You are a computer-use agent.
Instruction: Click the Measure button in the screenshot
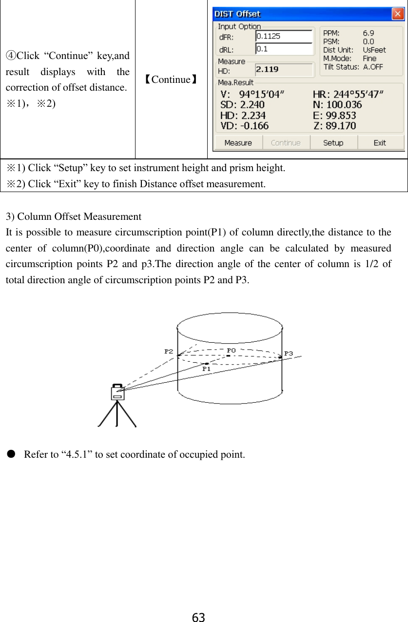238,143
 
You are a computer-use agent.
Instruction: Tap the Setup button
333,143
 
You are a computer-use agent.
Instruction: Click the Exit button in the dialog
380,143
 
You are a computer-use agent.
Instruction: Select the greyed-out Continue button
286,143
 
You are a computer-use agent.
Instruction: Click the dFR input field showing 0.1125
284,36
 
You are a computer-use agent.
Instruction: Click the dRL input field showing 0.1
284,49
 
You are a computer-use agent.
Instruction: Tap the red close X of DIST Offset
399,13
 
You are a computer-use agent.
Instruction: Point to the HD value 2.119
268,69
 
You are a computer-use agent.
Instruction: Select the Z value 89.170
341,126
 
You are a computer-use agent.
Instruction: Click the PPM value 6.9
369,33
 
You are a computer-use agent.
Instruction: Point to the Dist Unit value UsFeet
374,50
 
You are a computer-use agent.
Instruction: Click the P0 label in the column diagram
232,350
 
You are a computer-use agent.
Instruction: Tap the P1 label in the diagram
207,369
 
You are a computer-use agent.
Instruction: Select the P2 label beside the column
169,351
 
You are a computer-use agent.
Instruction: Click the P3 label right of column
289,353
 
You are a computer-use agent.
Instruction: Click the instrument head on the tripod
117,392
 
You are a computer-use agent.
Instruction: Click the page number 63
198,618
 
